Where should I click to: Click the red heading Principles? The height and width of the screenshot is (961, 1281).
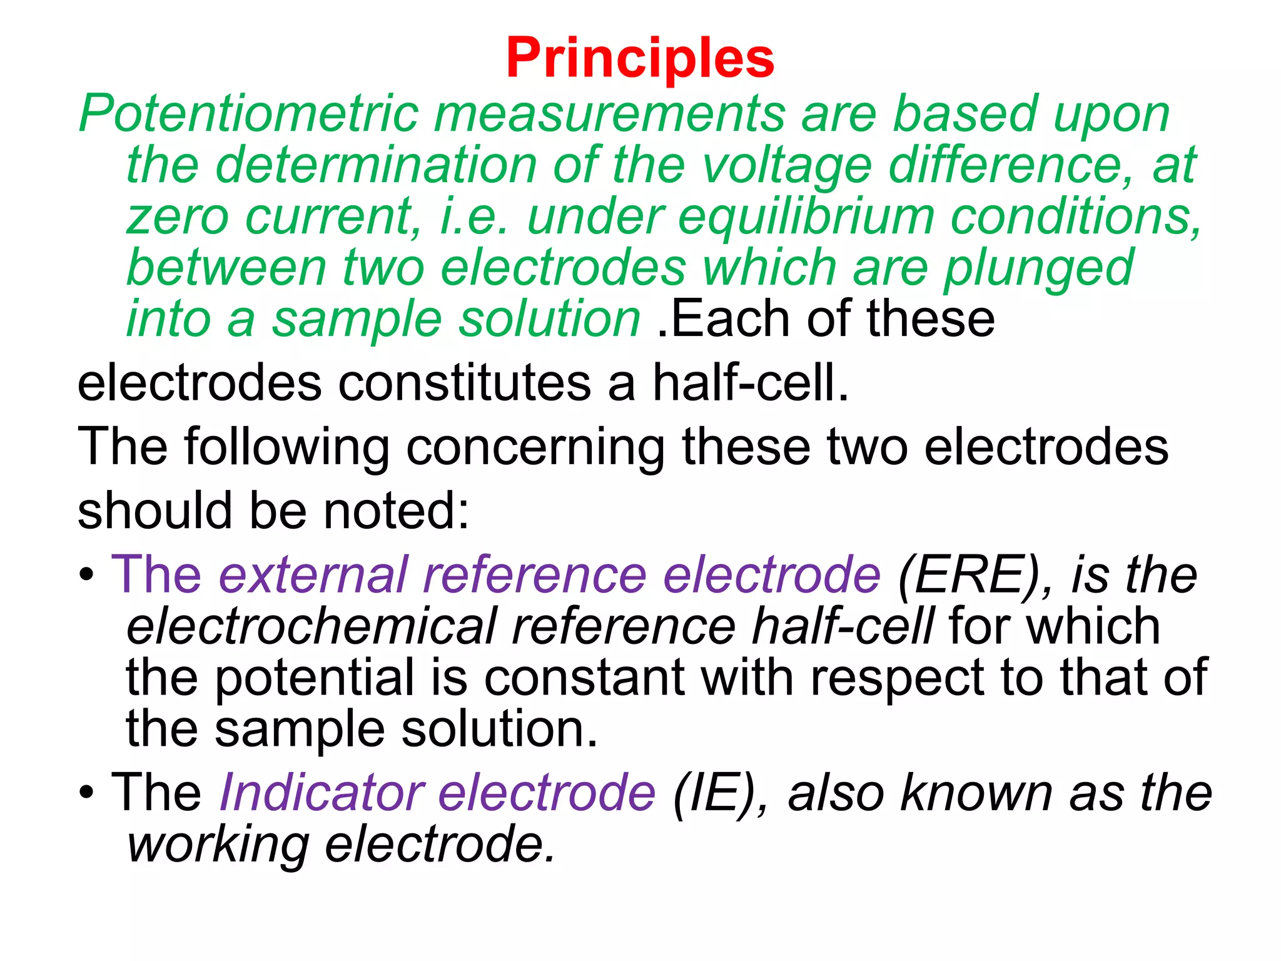[640, 58]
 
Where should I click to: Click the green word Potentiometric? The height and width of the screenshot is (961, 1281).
[248, 114]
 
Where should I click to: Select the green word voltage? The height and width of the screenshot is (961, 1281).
[786, 165]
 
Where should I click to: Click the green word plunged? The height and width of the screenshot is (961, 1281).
[1038, 268]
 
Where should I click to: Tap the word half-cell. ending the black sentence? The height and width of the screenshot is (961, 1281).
[751, 383]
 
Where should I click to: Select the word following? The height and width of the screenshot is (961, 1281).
[287, 447]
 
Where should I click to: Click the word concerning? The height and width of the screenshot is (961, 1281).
[535, 447]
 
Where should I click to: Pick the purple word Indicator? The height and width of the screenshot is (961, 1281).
[322, 793]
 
